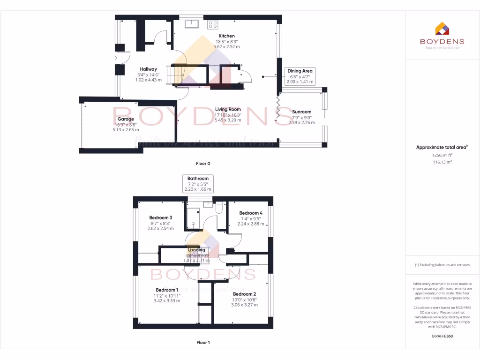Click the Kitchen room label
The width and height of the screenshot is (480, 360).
(227, 36)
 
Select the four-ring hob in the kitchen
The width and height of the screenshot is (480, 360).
(212, 24)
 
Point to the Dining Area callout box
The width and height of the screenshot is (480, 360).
(300, 76)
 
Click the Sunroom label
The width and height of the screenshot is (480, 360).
(301, 112)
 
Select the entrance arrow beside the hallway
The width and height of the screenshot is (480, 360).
(115, 58)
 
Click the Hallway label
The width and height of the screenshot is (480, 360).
(148, 69)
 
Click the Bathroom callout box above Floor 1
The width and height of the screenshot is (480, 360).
(198, 184)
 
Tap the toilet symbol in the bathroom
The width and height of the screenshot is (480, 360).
(219, 208)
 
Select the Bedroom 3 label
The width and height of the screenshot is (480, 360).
(161, 217)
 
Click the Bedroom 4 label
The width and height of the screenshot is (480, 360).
(251, 213)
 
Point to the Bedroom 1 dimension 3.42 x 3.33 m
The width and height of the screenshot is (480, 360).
(168, 301)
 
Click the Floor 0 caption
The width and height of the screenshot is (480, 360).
(203, 164)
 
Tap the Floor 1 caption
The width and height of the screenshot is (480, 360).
(203, 343)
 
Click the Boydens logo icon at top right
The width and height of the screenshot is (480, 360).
(442, 29)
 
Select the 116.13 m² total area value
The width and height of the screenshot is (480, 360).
(442, 162)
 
